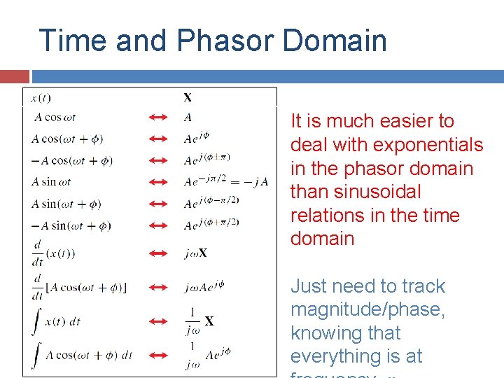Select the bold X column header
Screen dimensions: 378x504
pos(188,97)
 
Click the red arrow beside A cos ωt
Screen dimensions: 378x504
pos(159,118)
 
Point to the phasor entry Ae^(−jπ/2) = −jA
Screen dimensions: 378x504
pos(225,182)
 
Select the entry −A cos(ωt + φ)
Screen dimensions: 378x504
pos(72,160)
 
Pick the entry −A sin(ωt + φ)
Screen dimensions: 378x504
pos(72,225)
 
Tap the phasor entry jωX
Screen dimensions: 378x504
pos(195,253)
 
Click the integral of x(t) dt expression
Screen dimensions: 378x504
pos(57,321)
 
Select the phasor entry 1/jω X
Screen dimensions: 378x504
pos(199,321)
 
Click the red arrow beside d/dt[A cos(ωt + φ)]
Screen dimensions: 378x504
pos(159,287)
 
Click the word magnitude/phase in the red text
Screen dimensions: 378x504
pos(367,309)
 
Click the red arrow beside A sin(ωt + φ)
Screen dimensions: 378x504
pos(159,204)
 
